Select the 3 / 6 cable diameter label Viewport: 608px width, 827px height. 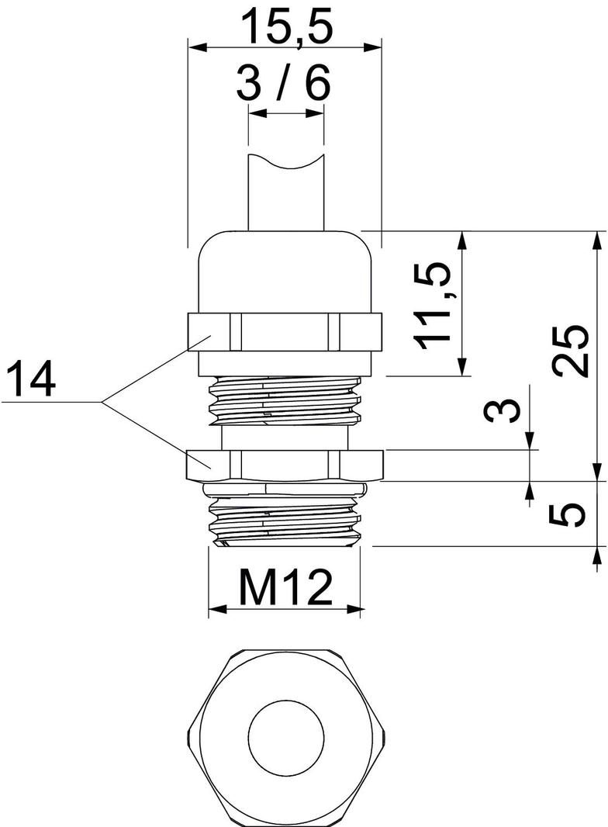pyautogui.click(x=284, y=83)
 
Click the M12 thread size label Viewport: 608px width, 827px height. pyautogui.click(x=285, y=588)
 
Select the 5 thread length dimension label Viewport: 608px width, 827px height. pyautogui.click(x=572, y=514)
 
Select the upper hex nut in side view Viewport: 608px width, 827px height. pyautogui.click(x=285, y=332)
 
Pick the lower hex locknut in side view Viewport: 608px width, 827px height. pyautogui.click(x=285, y=464)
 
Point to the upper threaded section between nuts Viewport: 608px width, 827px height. pyautogui.click(x=285, y=399)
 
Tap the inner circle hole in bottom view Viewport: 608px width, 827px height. pyautogui.click(x=285, y=733)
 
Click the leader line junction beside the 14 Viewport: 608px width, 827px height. pyautogui.click(x=103, y=402)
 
